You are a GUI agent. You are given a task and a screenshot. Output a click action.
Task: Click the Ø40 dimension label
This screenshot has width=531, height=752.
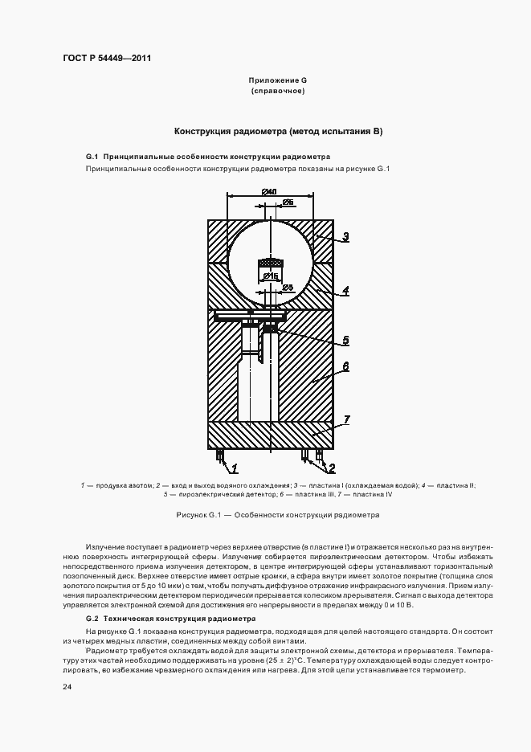pos(269,191)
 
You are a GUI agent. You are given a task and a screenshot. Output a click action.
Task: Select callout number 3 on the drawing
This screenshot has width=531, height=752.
pos(345,236)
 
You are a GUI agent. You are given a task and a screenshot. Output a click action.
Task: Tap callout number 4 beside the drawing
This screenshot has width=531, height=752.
pos(345,291)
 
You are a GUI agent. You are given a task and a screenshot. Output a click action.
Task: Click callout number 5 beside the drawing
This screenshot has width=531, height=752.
pos(345,341)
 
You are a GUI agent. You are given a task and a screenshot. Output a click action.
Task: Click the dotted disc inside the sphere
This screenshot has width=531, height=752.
pos(270,262)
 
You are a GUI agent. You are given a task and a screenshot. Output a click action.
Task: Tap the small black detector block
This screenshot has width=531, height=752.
pos(271,328)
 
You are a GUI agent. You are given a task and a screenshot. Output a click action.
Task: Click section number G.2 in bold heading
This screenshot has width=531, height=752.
pos(92,619)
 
